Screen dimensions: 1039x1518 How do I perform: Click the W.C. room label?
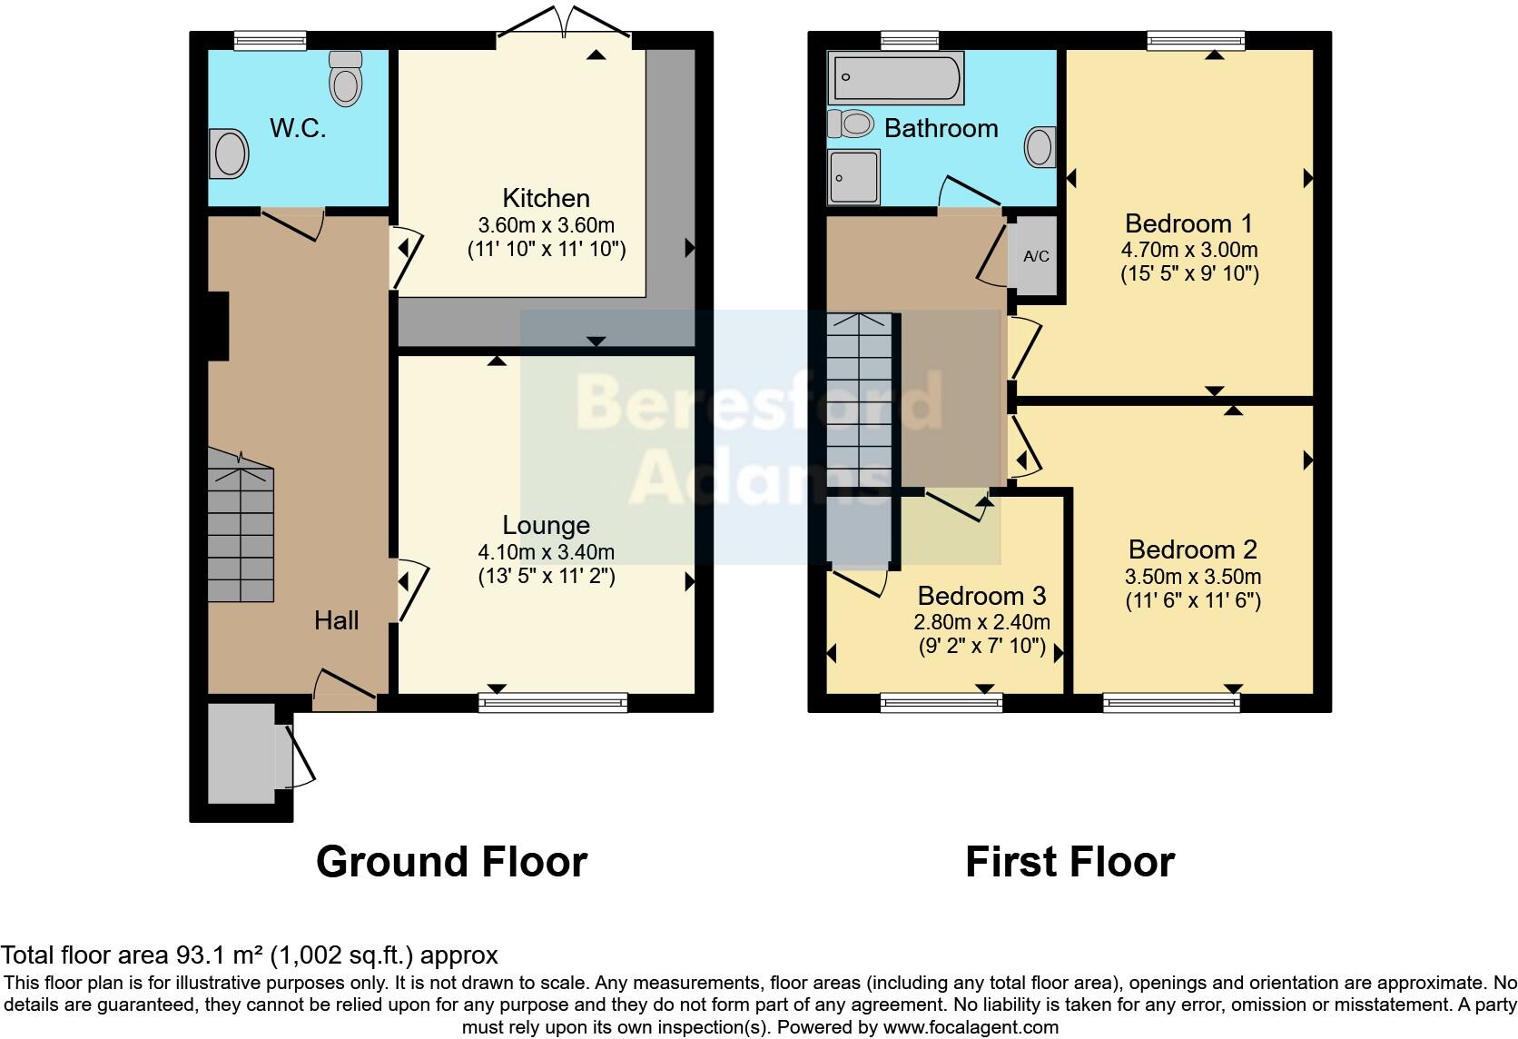point(297,128)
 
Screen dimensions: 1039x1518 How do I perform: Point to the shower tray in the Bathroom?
point(853,176)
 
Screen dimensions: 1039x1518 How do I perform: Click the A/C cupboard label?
point(1036,256)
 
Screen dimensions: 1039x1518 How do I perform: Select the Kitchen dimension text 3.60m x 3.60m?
point(546,224)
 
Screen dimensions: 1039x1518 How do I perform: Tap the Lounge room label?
point(546,525)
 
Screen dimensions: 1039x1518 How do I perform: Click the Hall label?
point(336,620)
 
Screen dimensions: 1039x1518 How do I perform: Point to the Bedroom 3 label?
point(981,596)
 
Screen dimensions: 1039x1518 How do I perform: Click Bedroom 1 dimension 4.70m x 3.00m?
point(1188,249)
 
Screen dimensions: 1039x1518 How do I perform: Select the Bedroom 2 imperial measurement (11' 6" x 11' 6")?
point(1193,600)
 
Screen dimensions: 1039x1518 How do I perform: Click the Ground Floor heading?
point(451,861)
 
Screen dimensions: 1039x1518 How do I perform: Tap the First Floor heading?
point(1069,861)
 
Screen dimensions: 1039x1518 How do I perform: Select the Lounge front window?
point(553,702)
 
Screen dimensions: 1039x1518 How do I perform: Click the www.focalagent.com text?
point(971,1027)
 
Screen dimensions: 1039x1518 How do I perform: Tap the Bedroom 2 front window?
point(1171,702)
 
